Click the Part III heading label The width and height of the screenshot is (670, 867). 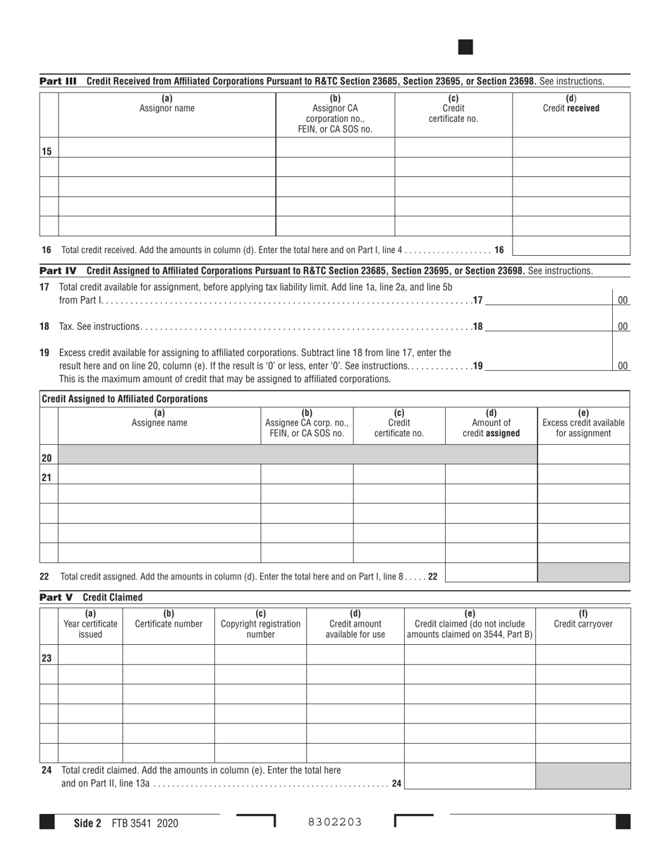[58, 82]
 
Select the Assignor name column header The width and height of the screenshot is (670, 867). [166, 104]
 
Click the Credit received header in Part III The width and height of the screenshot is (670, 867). [571, 104]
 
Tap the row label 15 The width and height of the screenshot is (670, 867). [47, 152]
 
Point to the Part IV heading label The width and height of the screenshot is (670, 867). [58, 271]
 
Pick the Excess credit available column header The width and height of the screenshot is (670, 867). [583, 423]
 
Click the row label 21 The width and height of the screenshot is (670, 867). [47, 477]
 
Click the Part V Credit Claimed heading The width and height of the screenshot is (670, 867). [92, 597]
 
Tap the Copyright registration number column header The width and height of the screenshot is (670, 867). [260, 624]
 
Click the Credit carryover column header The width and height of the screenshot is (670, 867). [583, 619]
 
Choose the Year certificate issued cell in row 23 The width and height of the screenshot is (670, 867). [90, 655]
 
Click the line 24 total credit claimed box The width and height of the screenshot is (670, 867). [469, 776]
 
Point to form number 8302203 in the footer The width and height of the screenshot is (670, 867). [335, 822]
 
